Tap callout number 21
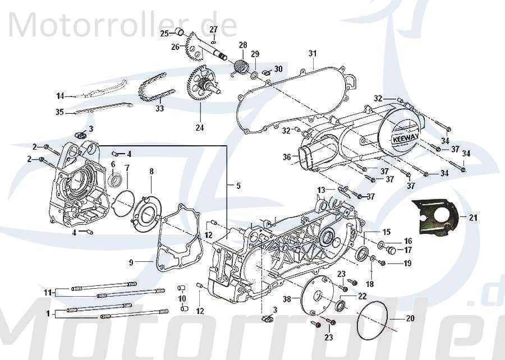473,218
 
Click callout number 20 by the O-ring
410,319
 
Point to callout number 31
312,54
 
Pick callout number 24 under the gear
200,127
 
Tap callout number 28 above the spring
242,45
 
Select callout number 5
238,186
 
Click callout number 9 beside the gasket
130,262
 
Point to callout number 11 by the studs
48,292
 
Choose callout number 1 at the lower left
48,313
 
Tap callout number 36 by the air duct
287,157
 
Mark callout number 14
60,95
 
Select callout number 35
59,112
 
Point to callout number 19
407,263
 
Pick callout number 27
214,29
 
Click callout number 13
321,190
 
